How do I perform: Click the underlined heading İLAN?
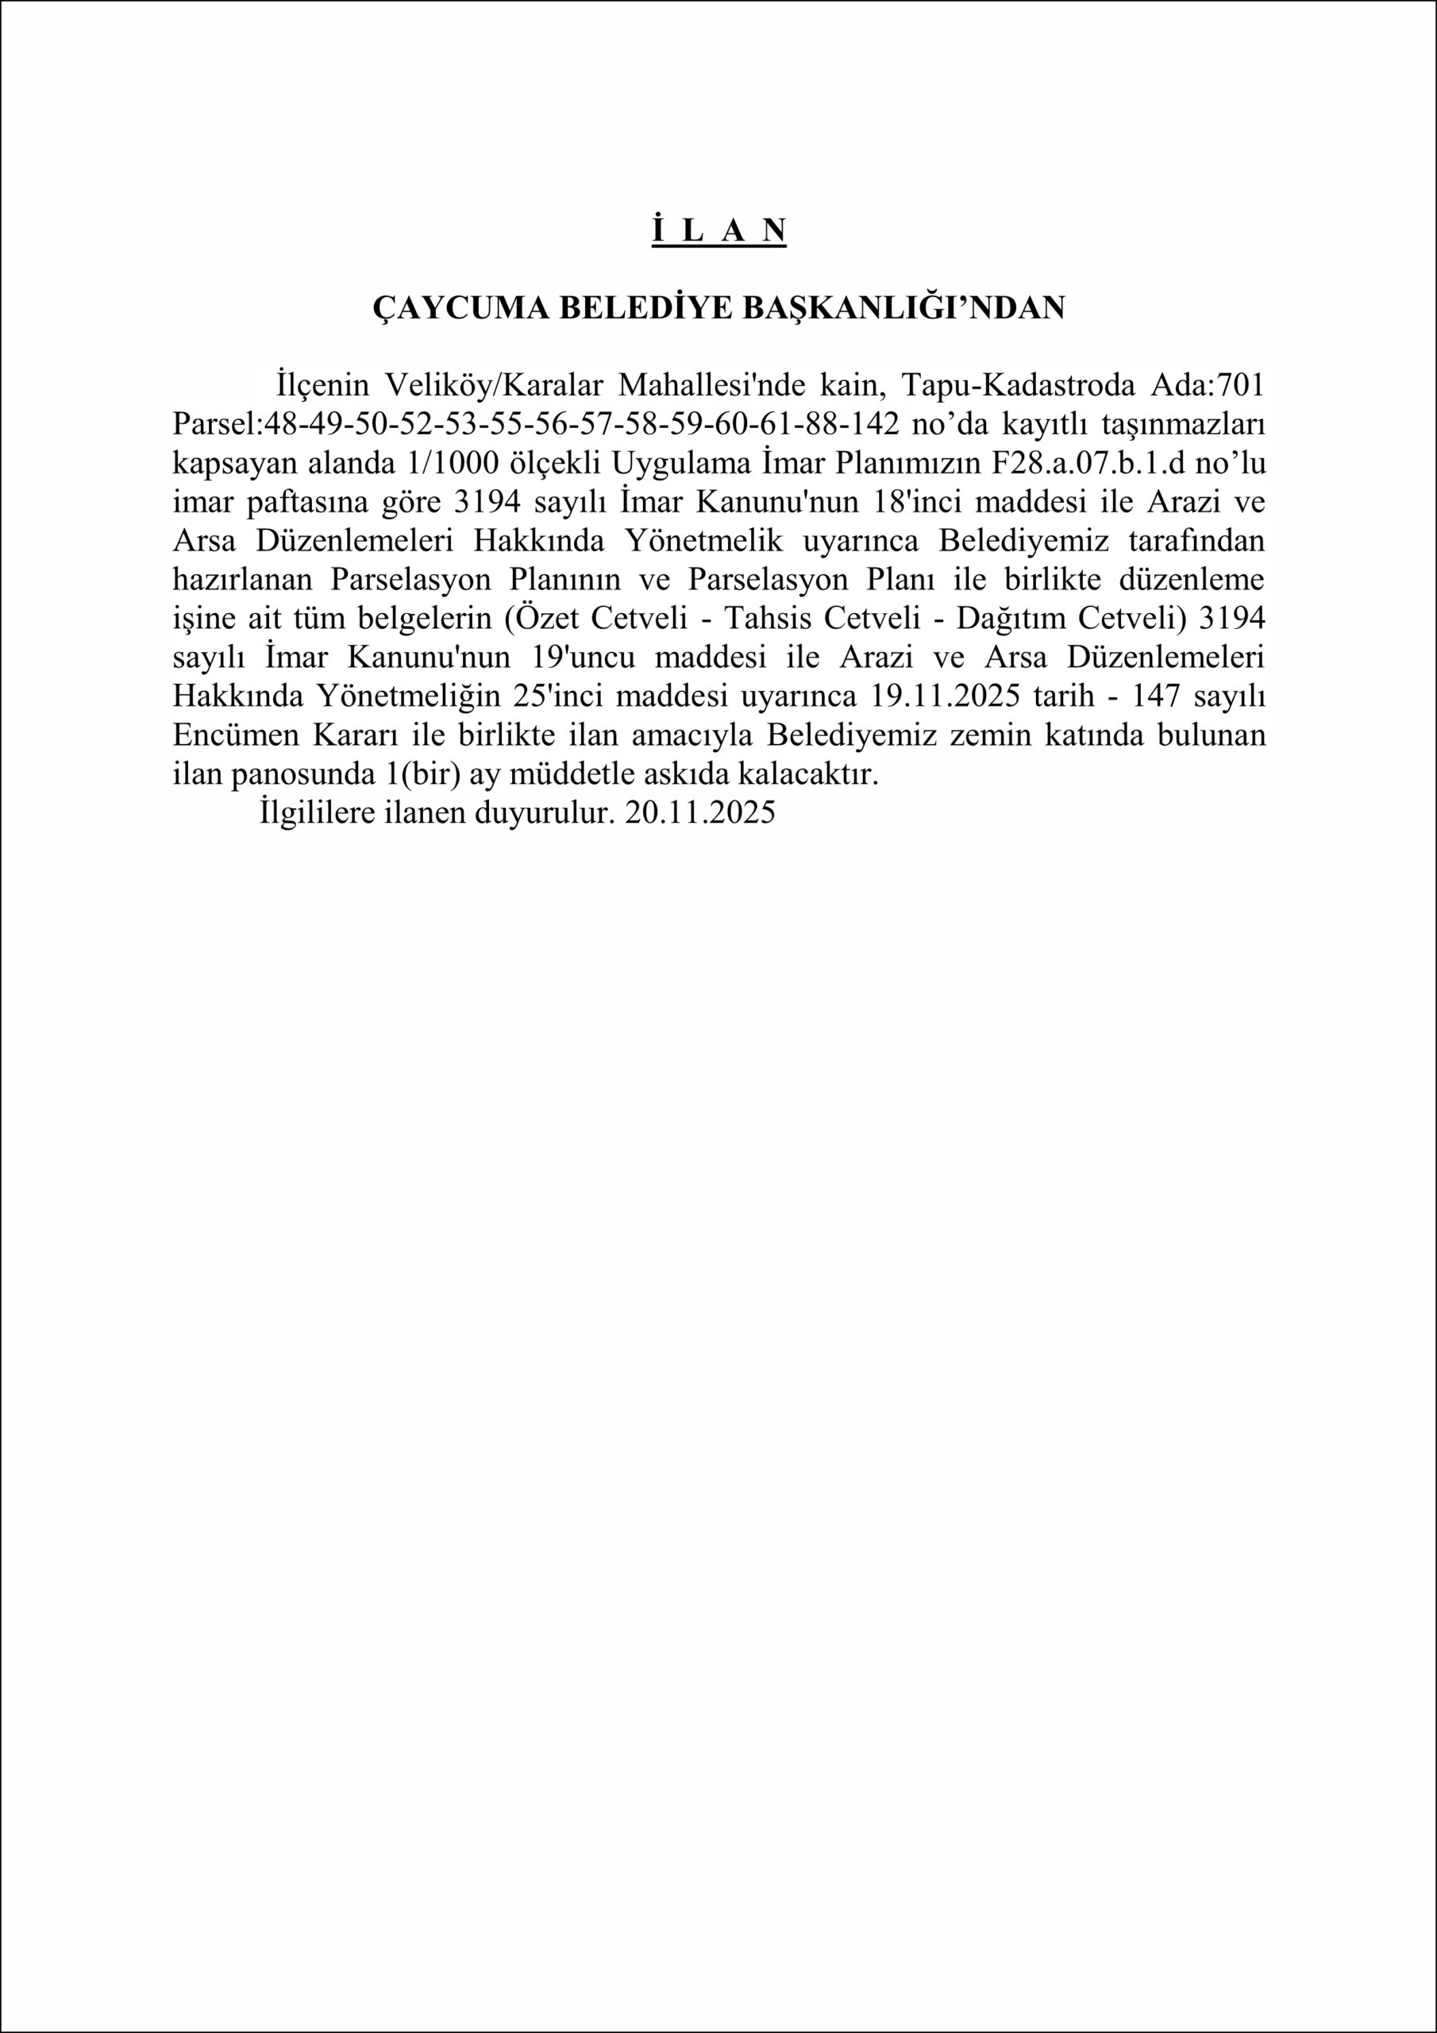click(719, 230)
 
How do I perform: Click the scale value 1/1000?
click(430, 463)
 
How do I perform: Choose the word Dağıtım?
click(1001, 619)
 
